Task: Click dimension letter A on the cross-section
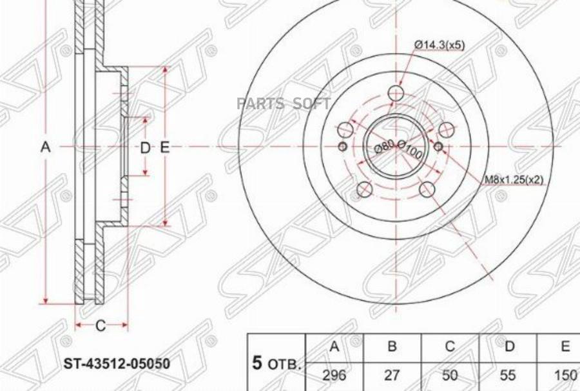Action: [x=46, y=148]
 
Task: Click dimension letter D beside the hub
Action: [x=145, y=148]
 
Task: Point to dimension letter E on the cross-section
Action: [x=164, y=148]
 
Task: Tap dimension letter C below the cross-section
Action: [x=101, y=326]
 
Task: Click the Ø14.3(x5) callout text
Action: [x=439, y=45]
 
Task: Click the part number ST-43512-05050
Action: [x=117, y=365]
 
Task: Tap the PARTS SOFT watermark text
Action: [x=284, y=103]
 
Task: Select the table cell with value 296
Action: [x=334, y=374]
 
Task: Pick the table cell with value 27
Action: [x=392, y=374]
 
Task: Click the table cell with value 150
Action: [x=565, y=374]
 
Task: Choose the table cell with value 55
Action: [x=509, y=374]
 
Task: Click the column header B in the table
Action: [x=392, y=346]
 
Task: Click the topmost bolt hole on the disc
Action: [x=396, y=95]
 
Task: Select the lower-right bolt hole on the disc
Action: [x=427, y=189]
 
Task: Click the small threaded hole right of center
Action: [x=438, y=147]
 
